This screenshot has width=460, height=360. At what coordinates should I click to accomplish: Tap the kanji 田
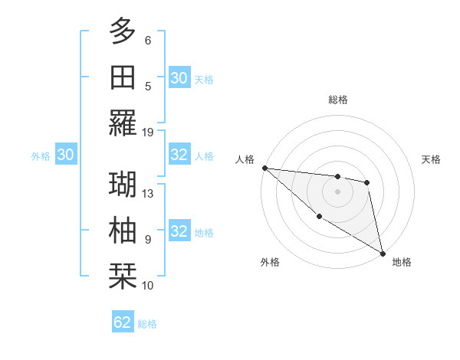tap(123, 77)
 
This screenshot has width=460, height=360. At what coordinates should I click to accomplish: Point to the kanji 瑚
tap(123, 184)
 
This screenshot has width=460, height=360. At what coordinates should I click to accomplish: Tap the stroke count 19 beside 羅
tap(148, 132)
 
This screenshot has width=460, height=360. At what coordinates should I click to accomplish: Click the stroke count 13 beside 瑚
tap(148, 193)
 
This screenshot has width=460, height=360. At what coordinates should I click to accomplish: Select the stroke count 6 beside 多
tap(148, 40)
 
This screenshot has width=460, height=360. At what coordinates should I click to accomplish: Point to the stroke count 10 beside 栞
tap(148, 286)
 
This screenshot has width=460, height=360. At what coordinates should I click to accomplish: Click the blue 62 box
tap(123, 322)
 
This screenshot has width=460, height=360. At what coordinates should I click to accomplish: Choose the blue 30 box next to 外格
tap(65, 155)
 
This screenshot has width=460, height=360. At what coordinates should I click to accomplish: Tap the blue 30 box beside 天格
tap(179, 77)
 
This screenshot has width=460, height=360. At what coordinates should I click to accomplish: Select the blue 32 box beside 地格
tap(179, 231)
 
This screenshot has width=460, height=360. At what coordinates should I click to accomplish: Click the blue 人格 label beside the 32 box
tap(204, 155)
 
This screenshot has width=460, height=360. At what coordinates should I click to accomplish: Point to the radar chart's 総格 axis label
tap(338, 100)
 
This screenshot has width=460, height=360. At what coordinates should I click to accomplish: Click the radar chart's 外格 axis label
tap(269, 262)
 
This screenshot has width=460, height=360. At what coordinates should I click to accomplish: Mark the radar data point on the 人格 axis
tap(264, 168)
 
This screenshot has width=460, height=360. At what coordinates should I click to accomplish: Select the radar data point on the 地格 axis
tap(382, 252)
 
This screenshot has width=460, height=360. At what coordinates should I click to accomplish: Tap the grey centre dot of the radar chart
tap(337, 191)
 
